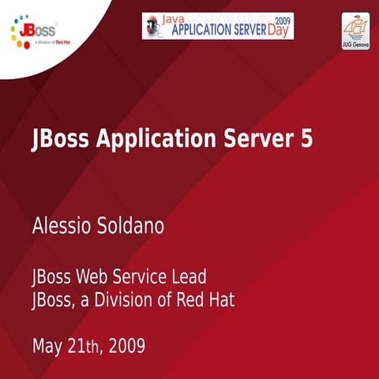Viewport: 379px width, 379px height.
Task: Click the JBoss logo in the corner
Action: click(x=34, y=34)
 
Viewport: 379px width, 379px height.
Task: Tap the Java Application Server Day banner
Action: click(x=217, y=25)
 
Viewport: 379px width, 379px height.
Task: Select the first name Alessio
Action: click(x=62, y=227)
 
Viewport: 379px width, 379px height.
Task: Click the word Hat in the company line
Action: click(x=221, y=300)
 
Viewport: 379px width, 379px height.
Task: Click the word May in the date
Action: click(x=47, y=346)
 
